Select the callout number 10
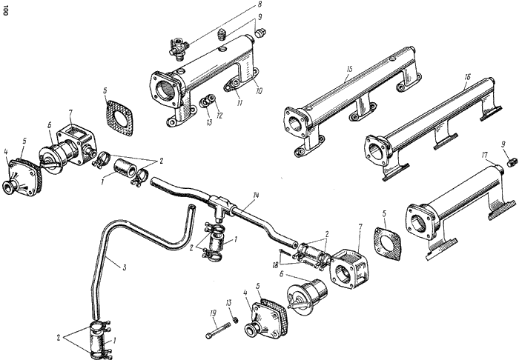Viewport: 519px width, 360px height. coord(259,90)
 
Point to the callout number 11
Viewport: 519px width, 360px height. coord(239,103)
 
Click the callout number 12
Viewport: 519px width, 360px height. coord(219,116)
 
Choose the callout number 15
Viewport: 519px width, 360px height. coord(349,69)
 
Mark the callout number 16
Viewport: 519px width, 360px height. coord(466,77)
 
